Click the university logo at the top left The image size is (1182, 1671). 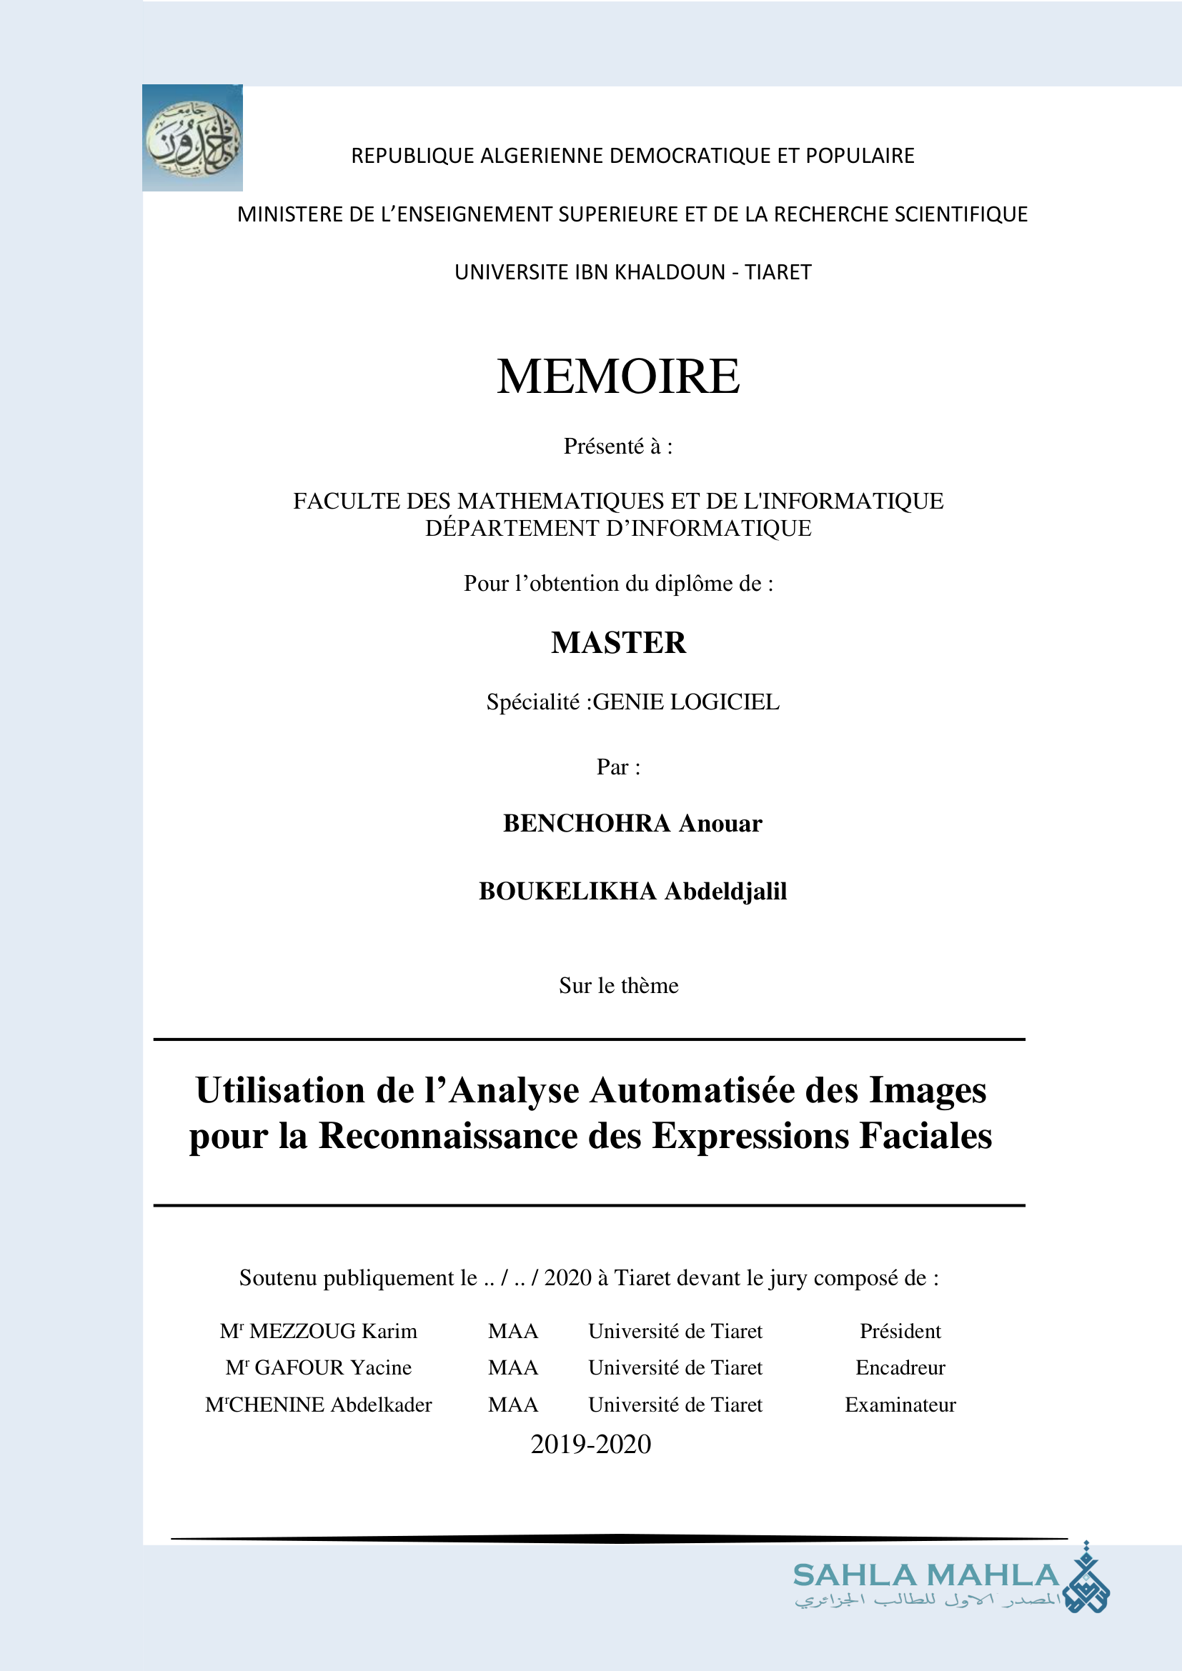192,139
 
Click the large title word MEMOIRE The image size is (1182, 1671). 618,377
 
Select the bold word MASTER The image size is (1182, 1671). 618,643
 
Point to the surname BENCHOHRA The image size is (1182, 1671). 586,823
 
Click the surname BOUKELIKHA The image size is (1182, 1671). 567,892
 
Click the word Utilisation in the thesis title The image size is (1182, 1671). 280,1090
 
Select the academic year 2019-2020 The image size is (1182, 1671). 590,1444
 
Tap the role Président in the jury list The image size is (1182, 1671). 900,1331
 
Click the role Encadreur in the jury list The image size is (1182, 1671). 900,1367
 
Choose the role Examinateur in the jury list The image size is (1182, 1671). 900,1405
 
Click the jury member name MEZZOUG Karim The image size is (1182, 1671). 332,1331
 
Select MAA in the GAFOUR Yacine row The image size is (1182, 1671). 512,1367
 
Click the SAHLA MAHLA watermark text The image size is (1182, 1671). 925,1575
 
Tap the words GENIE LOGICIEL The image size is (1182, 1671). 685,702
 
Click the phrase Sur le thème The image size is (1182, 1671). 618,985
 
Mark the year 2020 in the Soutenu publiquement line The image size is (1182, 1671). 567,1278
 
